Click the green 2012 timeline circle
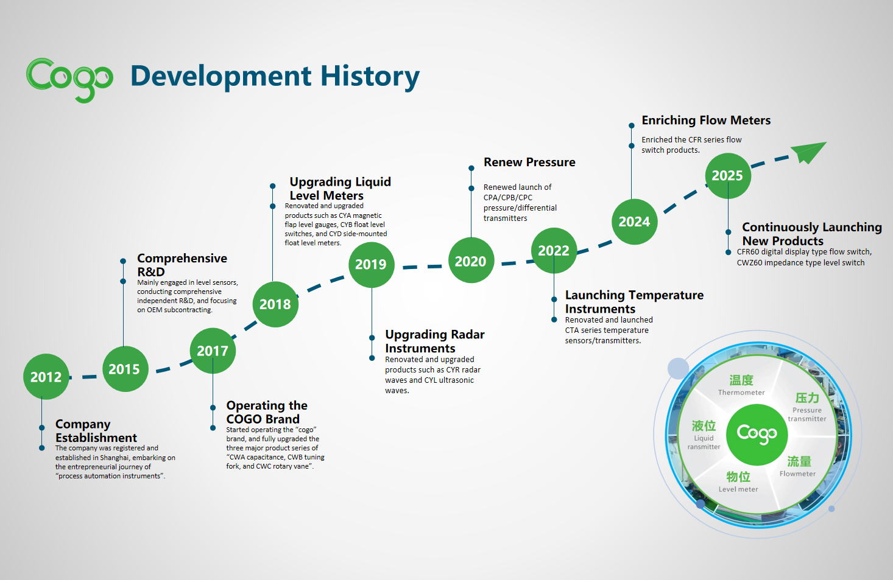(x=46, y=377)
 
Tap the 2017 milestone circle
(x=213, y=351)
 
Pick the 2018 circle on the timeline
(x=275, y=304)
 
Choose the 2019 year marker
(x=371, y=265)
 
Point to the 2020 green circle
(x=471, y=260)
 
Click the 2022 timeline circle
(x=554, y=251)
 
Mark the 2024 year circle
(x=634, y=222)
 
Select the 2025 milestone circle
(x=728, y=176)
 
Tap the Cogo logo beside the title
(x=69, y=80)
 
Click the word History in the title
(x=370, y=77)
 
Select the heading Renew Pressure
(x=529, y=162)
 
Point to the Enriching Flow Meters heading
(x=706, y=121)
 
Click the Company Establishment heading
(x=96, y=431)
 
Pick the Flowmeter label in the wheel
(x=797, y=473)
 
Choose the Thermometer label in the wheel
(x=741, y=393)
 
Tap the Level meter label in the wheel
(x=738, y=489)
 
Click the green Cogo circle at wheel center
(x=757, y=435)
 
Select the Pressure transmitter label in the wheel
(x=807, y=414)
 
